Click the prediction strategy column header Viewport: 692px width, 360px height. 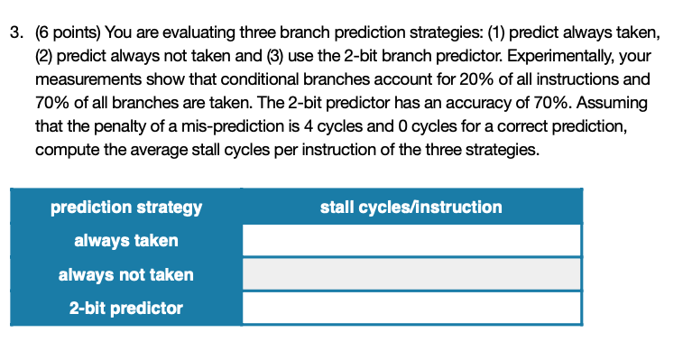click(x=126, y=208)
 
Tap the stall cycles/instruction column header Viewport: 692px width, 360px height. click(x=411, y=208)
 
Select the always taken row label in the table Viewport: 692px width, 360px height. click(x=126, y=241)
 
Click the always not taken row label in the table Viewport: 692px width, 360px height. click(x=126, y=274)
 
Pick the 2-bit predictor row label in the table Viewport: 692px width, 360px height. click(x=126, y=309)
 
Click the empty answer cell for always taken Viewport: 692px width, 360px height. click(x=411, y=241)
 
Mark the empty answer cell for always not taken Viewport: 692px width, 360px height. click(x=411, y=274)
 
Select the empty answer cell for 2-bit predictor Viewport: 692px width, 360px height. click(x=411, y=309)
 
